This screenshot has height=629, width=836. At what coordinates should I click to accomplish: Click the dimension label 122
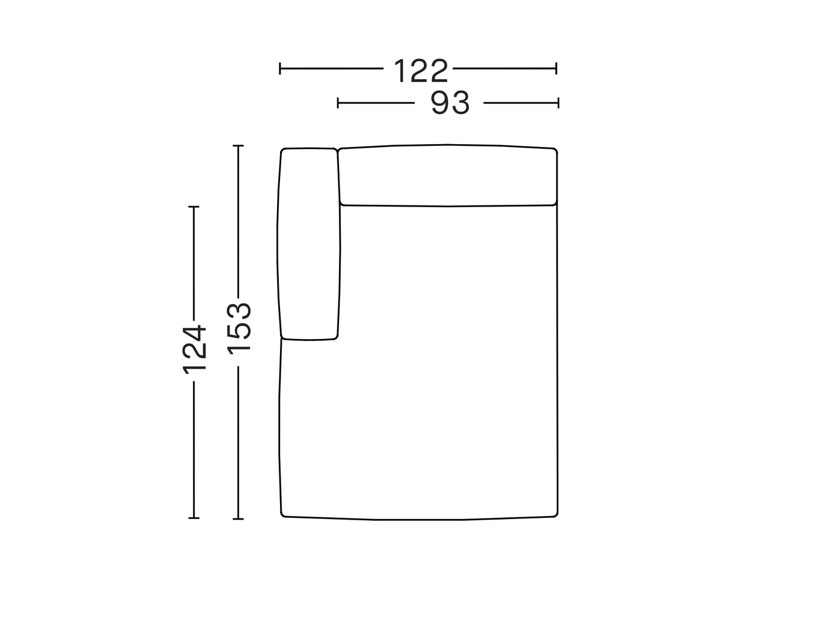tap(421, 71)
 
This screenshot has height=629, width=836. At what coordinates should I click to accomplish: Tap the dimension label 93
tap(450, 103)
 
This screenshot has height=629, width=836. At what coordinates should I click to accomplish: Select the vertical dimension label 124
tap(194, 350)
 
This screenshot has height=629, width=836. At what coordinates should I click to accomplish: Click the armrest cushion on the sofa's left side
tap(308, 244)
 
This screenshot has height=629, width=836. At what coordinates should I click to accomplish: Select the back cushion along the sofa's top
tap(448, 175)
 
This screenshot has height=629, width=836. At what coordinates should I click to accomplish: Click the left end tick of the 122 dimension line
tap(280, 68)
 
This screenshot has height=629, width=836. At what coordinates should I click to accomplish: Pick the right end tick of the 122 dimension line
tap(557, 68)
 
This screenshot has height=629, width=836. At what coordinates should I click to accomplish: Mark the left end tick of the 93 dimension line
tap(338, 103)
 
